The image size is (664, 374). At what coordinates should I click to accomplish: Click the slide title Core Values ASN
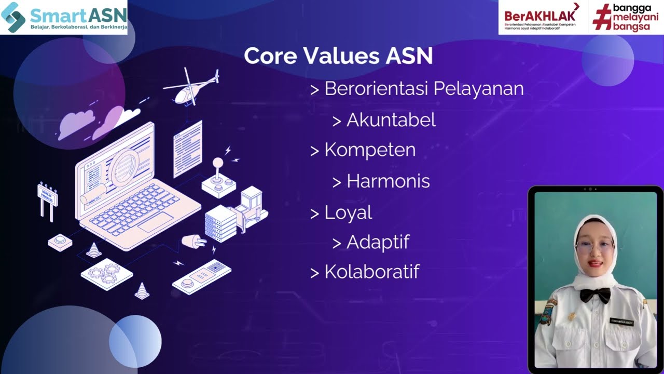338,56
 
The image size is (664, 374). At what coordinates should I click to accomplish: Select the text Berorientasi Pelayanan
423,89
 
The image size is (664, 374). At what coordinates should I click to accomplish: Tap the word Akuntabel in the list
391,120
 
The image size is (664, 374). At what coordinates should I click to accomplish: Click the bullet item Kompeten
369,150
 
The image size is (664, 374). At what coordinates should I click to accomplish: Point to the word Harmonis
388,181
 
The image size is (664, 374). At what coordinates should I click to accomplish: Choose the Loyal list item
348,212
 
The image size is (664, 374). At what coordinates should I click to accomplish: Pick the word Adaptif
378,242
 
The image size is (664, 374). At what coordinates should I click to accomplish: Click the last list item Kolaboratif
371,272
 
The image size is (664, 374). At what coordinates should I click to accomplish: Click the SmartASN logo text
78,15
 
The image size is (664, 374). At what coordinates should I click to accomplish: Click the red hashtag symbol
602,18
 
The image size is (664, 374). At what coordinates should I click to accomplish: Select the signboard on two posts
47,197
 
